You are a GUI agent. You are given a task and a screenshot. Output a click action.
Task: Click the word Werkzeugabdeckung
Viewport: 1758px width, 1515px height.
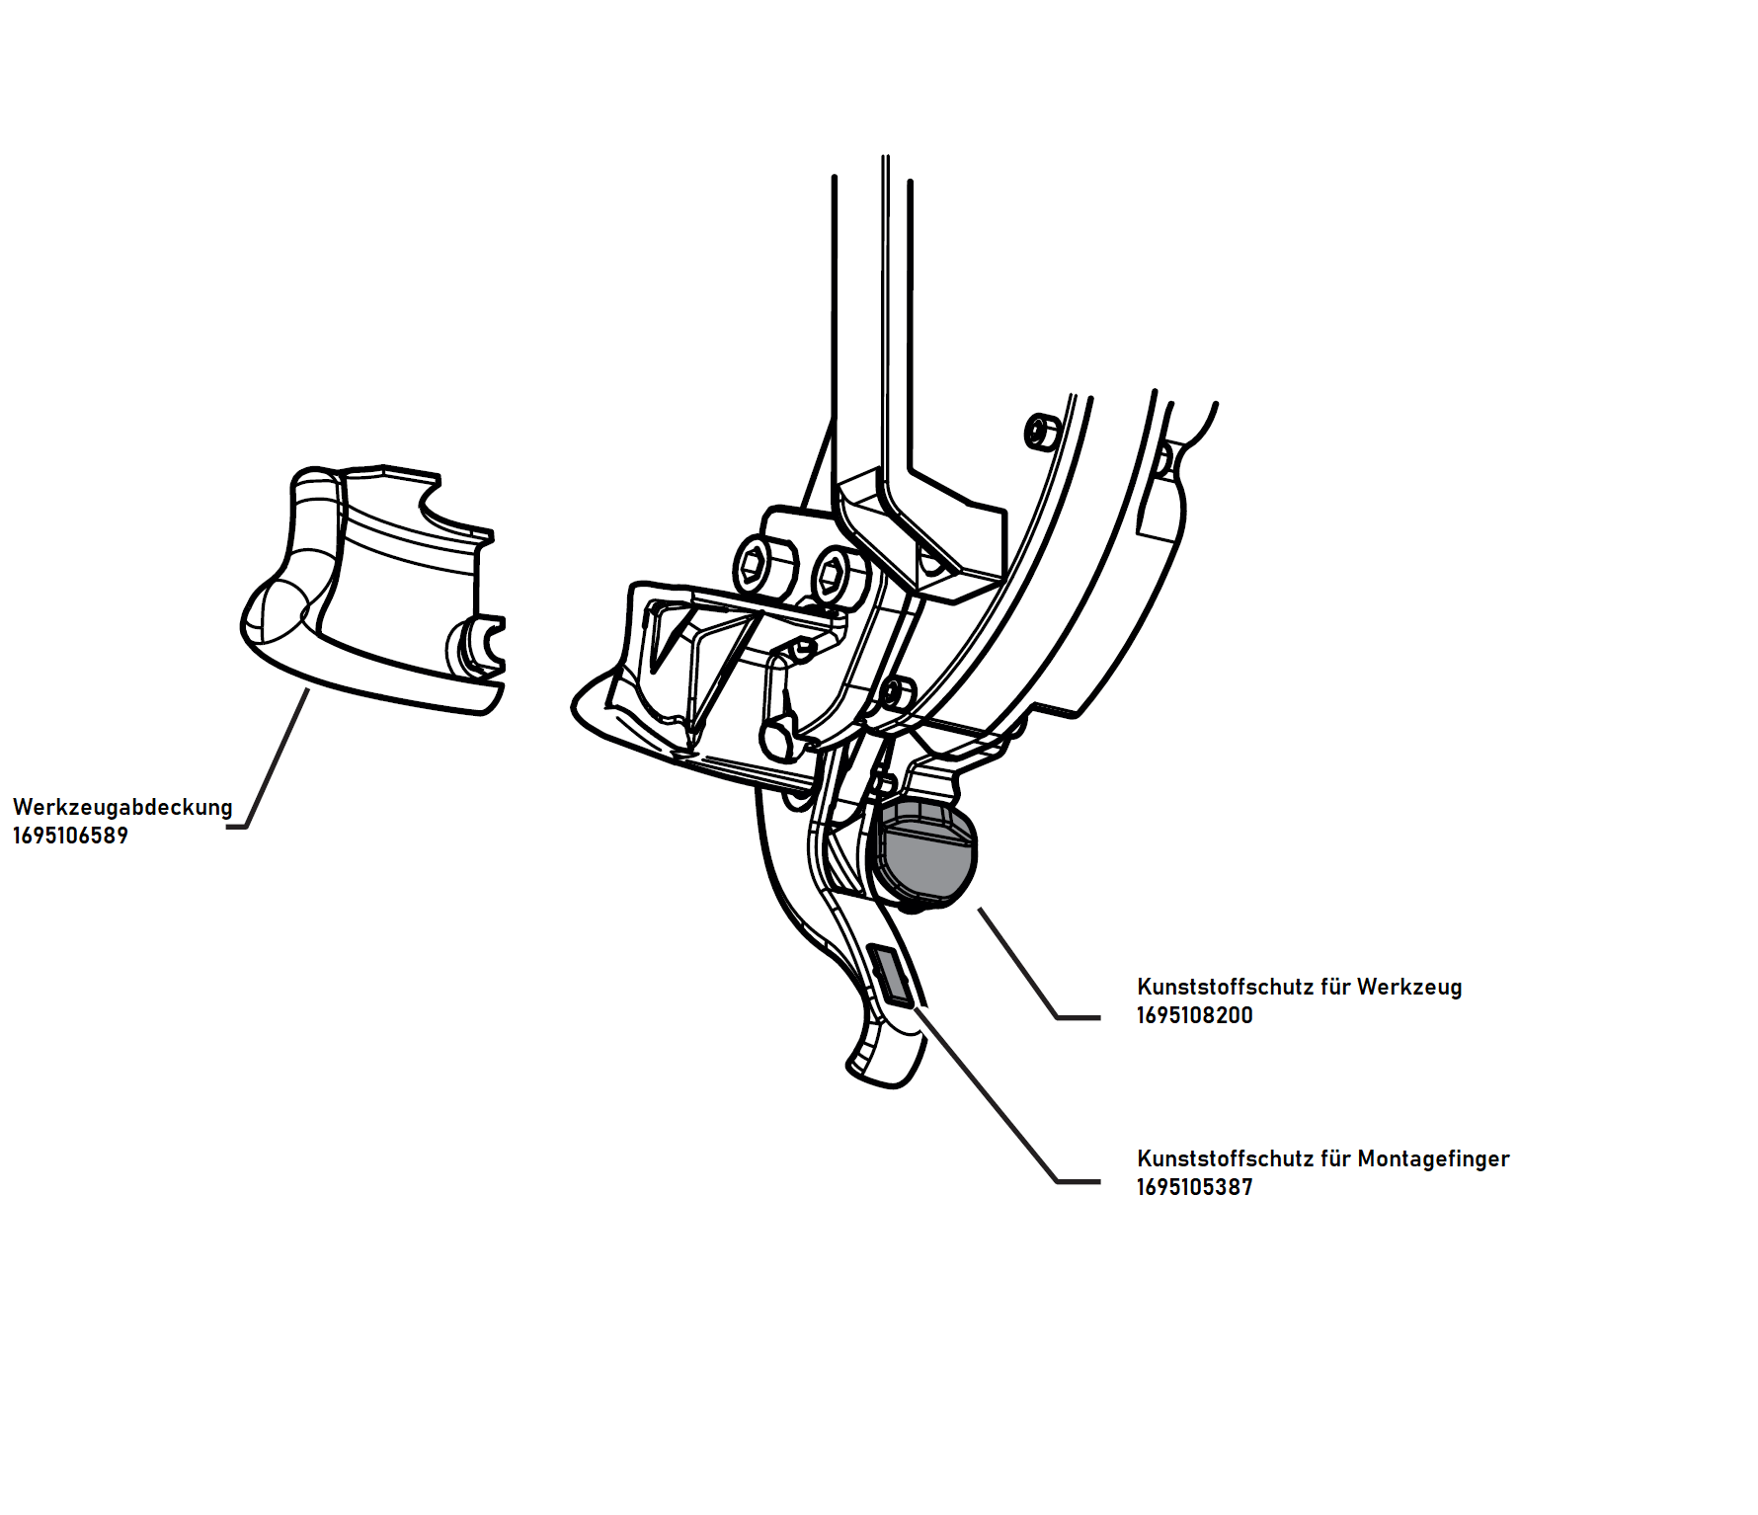tap(122, 808)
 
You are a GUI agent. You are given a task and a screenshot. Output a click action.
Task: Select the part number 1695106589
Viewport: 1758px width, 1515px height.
tap(70, 837)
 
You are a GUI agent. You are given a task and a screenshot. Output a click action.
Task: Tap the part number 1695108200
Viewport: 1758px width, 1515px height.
tap(1194, 1016)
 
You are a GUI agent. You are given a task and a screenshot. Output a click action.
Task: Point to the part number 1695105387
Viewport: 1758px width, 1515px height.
tap(1194, 1188)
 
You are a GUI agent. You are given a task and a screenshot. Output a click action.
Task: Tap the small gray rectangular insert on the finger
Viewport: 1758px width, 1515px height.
tap(892, 975)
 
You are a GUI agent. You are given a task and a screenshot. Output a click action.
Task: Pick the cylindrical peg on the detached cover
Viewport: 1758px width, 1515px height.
tap(471, 647)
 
